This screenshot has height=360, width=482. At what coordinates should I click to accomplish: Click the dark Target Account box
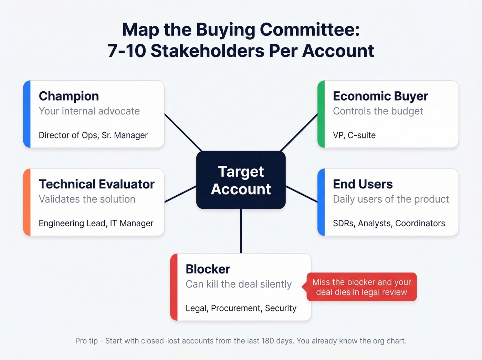click(241, 180)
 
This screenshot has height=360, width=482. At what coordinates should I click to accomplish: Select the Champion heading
click(69, 96)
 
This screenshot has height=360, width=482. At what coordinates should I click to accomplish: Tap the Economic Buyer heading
click(380, 96)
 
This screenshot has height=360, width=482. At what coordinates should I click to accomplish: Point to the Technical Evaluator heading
click(97, 184)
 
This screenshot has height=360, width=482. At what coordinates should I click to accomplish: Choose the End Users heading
click(363, 184)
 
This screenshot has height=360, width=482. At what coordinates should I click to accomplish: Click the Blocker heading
click(208, 269)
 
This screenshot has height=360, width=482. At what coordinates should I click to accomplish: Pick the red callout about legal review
click(361, 287)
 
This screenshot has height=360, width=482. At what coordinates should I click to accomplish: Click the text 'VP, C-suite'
click(354, 135)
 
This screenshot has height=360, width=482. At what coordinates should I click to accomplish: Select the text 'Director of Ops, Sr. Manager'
click(93, 135)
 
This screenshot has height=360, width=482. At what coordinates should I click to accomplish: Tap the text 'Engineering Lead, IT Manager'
click(96, 223)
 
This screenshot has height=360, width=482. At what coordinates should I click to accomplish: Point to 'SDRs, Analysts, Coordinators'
click(389, 223)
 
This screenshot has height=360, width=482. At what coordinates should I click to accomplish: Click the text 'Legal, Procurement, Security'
click(241, 308)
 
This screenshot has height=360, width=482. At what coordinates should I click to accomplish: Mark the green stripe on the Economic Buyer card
click(321, 114)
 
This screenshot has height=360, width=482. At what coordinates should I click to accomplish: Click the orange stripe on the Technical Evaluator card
click(27, 202)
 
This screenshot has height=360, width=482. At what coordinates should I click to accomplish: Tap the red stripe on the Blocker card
click(174, 287)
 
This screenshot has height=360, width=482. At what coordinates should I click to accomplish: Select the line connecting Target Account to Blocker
click(241, 231)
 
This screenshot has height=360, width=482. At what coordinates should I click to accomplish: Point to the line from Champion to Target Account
click(183, 132)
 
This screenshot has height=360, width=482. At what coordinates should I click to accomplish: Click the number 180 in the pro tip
click(268, 341)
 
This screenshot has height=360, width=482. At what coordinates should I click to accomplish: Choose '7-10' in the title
click(126, 51)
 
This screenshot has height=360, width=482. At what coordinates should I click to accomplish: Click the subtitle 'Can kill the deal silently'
click(238, 284)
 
